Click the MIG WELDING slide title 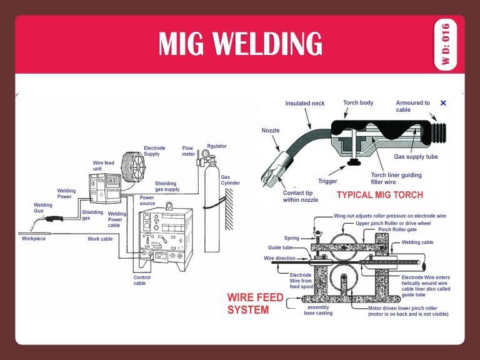pos(240,44)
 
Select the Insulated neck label pos(305,103)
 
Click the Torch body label pos(358,102)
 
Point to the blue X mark pos(443,103)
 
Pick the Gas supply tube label pos(416,157)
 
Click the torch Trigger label pos(327,181)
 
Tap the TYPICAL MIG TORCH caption pos(380,195)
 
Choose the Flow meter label pos(188,151)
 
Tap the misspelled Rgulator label pos(216,146)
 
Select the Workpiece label pos(33,239)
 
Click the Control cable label pos(142,280)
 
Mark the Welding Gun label pos(43,207)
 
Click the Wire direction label pos(279,258)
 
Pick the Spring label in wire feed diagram pos(291,238)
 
